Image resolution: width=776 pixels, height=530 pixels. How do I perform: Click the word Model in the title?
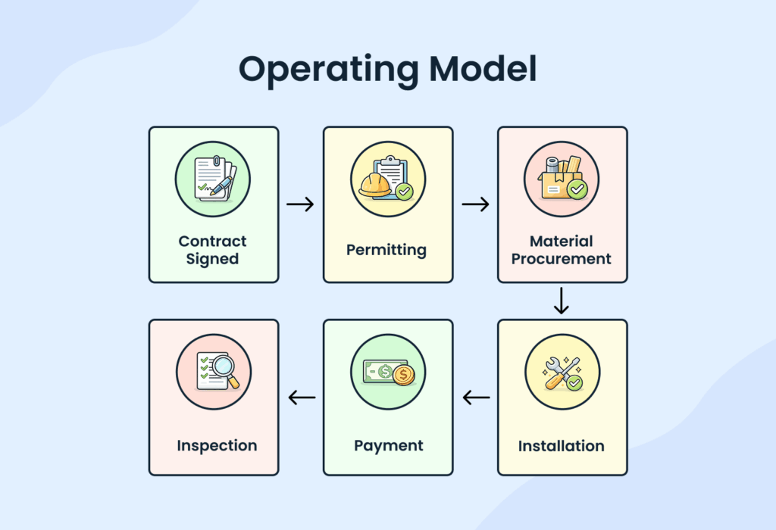click(x=482, y=69)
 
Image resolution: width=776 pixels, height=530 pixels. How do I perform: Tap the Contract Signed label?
click(x=213, y=250)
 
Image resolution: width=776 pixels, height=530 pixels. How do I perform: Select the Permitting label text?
click(x=386, y=250)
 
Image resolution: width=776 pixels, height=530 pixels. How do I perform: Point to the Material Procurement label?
click(x=562, y=250)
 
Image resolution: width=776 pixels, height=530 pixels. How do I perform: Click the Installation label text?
click(x=562, y=446)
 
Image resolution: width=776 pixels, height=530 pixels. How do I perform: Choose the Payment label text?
click(x=388, y=446)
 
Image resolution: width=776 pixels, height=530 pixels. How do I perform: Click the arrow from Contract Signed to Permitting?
click(x=300, y=204)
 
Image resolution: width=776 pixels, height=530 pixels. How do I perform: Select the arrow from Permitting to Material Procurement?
click(x=475, y=204)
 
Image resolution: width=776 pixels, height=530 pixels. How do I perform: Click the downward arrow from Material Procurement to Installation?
click(x=561, y=301)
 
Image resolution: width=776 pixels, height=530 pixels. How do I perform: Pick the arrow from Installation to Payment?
click(x=476, y=397)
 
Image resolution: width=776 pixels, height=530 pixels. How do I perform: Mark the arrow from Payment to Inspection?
click(x=302, y=397)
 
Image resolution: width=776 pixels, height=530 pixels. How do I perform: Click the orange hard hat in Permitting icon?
click(x=375, y=185)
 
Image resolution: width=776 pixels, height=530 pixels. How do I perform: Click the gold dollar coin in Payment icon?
click(x=402, y=375)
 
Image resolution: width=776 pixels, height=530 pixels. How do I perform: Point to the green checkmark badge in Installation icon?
click(x=575, y=383)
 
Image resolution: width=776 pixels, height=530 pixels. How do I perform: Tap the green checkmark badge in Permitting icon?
click(x=405, y=192)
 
